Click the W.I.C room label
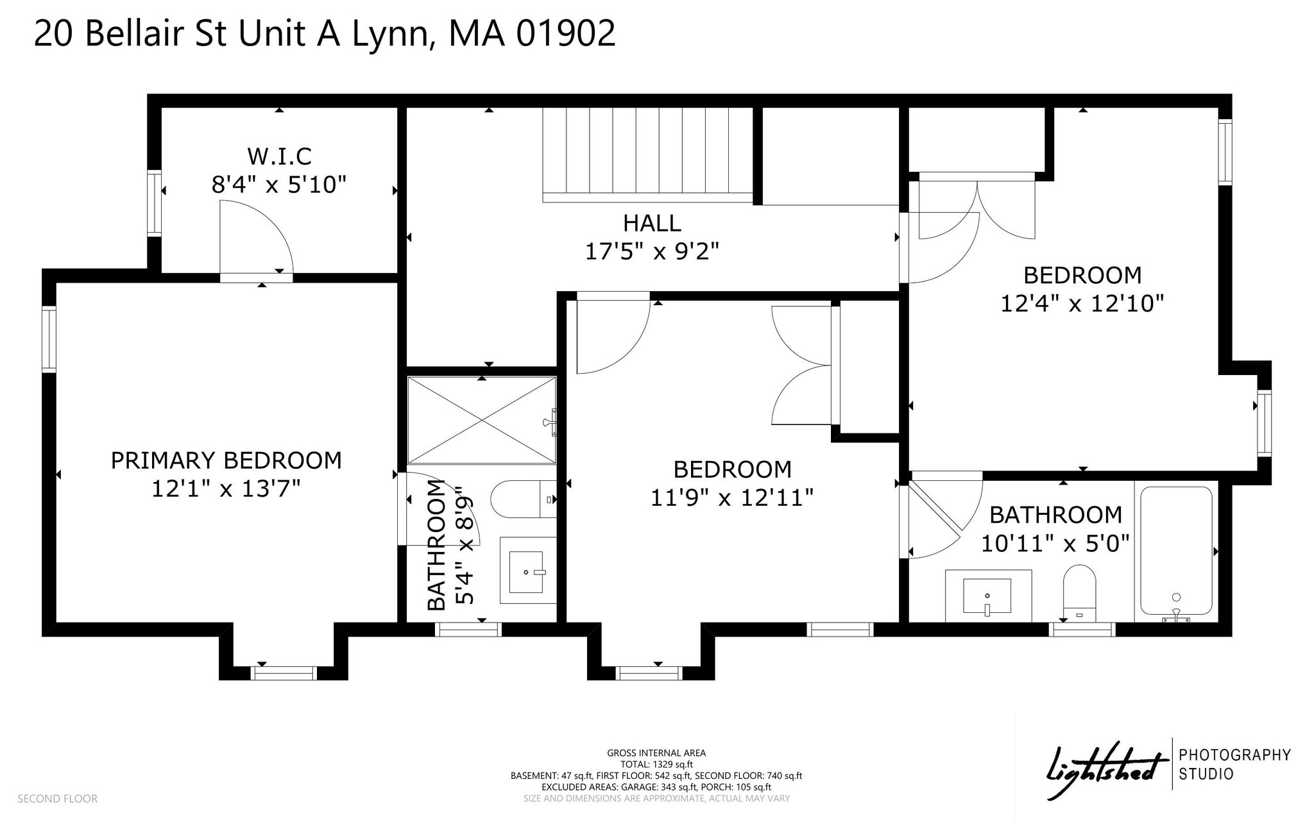click(279, 156)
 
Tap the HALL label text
click(652, 223)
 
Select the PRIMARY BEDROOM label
click(226, 460)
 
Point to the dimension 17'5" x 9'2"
click(652, 251)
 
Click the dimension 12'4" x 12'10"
click(1082, 303)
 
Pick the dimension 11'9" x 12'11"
click(732, 498)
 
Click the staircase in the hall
click(648, 155)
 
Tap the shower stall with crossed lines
click(482, 420)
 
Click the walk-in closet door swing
click(256, 237)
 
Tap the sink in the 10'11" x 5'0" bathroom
click(988, 596)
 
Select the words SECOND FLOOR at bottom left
click(58, 799)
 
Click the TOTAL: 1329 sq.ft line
click(656, 764)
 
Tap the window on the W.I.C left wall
click(154, 203)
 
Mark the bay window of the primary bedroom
click(284, 673)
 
